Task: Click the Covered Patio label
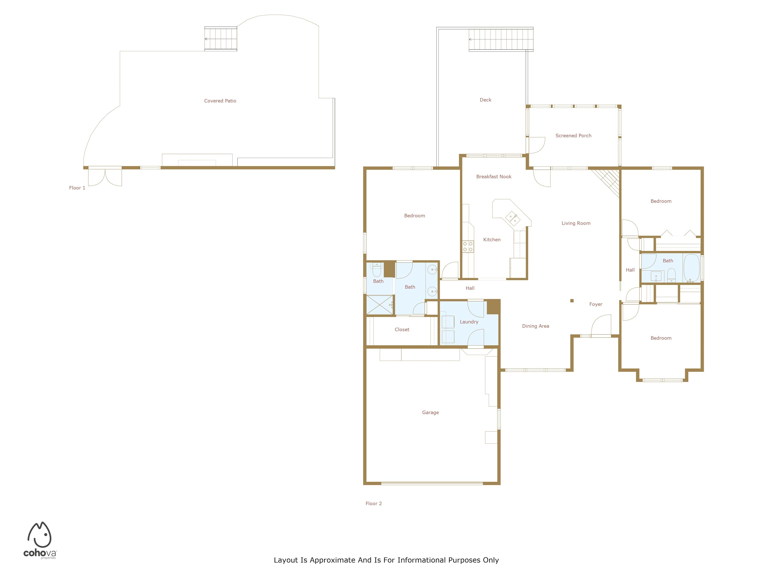click(x=220, y=101)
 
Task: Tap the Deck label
click(x=485, y=100)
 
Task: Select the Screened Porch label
click(x=574, y=135)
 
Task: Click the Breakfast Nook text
click(x=494, y=177)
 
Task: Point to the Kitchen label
click(x=492, y=239)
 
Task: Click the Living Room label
click(x=576, y=223)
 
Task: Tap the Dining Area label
click(x=535, y=326)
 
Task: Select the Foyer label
click(x=596, y=304)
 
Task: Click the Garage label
click(x=430, y=412)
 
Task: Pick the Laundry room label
click(x=469, y=322)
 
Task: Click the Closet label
click(x=402, y=329)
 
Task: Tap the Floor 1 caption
click(x=77, y=188)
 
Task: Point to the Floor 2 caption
click(x=374, y=503)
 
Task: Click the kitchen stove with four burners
click(x=468, y=246)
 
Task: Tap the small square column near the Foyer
click(x=572, y=301)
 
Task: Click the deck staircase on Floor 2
click(x=501, y=39)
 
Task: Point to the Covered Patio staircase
click(x=221, y=39)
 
